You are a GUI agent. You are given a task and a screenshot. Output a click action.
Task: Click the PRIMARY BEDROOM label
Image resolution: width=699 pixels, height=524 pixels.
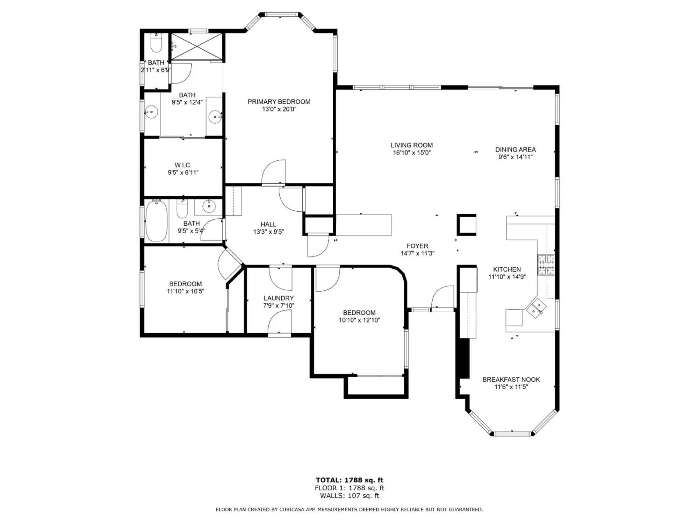[x=279, y=102]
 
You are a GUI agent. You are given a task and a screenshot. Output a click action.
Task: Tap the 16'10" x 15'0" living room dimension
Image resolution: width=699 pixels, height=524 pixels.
[x=411, y=153]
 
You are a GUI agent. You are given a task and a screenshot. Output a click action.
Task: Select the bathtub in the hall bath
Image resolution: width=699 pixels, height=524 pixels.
[x=156, y=220]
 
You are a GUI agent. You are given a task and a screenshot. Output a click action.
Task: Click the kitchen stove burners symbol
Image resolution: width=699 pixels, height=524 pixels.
[x=546, y=264]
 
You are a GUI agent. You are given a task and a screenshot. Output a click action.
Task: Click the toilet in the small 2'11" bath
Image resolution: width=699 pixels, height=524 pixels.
[x=156, y=44]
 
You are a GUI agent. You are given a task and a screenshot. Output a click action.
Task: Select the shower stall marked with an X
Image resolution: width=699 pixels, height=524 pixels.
[x=197, y=46]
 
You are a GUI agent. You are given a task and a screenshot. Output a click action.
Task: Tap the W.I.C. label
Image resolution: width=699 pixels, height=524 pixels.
[x=183, y=165]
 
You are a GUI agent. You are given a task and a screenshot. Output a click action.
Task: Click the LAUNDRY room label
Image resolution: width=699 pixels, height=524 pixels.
[x=279, y=298]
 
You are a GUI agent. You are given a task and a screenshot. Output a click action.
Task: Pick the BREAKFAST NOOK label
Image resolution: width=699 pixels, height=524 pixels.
[x=511, y=379]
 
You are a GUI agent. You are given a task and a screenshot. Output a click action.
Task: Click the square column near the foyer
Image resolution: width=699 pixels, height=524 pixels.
[x=467, y=225]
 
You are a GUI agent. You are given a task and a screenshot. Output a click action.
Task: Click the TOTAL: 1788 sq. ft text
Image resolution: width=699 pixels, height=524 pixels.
[x=349, y=480]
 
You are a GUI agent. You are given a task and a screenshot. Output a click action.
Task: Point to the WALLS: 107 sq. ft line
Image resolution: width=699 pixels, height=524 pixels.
[x=349, y=495]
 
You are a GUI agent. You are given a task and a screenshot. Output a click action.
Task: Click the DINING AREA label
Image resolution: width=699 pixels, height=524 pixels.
[x=515, y=150]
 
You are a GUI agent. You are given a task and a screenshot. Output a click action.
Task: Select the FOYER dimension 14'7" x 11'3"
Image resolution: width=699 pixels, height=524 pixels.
[x=417, y=253]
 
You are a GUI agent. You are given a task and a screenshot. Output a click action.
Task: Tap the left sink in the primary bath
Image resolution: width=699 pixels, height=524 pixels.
[x=151, y=112]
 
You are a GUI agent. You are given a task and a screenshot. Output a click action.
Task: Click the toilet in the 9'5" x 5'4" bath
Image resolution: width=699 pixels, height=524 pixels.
[x=182, y=209]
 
